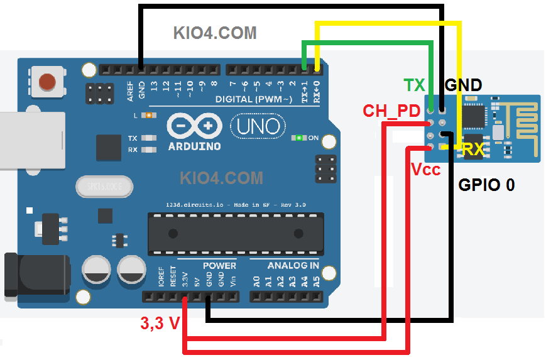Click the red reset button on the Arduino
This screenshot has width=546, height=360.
[47, 82]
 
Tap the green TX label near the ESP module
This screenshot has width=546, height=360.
[414, 85]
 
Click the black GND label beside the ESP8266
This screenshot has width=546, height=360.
[463, 85]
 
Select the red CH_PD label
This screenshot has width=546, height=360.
[391, 111]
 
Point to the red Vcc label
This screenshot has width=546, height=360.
[425, 170]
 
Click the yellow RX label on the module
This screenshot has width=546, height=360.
[472, 149]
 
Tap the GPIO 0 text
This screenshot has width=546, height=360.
[486, 185]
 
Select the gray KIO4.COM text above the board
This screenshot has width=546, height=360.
[215, 33]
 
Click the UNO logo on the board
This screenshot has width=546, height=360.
[258, 127]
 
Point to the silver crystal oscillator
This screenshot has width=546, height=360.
[104, 187]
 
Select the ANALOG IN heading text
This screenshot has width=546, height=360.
[284, 265]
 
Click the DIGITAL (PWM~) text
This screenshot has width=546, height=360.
[253, 99]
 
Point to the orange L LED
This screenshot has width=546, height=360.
[148, 116]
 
